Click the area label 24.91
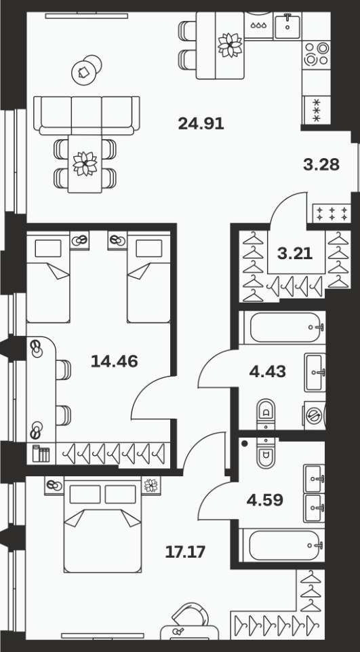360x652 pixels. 201,123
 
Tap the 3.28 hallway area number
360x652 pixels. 321,165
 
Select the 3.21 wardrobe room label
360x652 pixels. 295,253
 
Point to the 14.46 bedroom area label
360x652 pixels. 115,362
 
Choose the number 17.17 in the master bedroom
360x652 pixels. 185,552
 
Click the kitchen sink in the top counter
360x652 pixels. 287,26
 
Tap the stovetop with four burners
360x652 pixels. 316,54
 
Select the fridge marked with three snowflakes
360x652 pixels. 317,110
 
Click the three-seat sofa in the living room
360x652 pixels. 87,115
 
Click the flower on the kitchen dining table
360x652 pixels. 230,45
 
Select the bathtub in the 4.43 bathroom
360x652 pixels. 287,327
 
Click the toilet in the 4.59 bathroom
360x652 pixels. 266,454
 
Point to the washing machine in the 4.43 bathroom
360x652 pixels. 315,415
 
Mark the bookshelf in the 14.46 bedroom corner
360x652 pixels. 41,454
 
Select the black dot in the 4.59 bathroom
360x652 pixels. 245,443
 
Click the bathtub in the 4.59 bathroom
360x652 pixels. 287,545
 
